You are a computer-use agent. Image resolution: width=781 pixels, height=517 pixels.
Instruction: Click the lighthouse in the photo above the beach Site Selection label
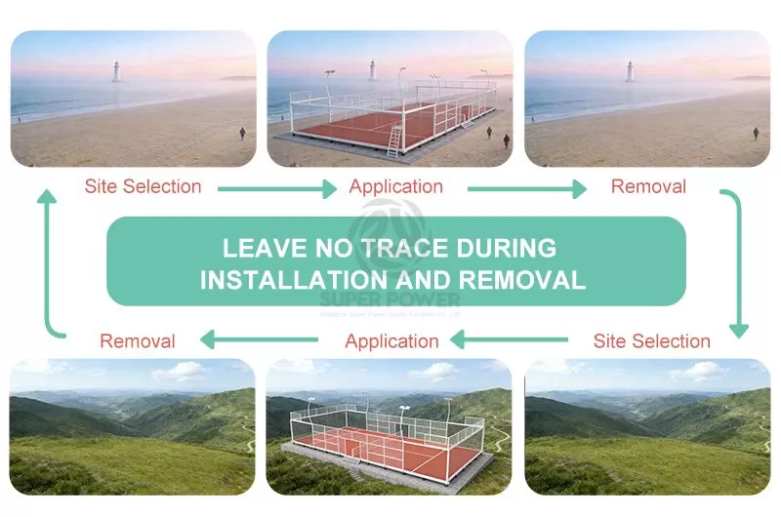(x=115, y=70)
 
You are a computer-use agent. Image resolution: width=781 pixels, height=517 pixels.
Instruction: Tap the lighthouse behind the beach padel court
(x=372, y=68)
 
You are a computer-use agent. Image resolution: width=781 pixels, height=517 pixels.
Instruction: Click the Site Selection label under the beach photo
(x=143, y=186)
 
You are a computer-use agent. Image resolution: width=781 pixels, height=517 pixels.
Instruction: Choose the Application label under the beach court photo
(x=395, y=186)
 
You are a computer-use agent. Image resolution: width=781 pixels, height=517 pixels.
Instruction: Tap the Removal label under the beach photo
(x=648, y=186)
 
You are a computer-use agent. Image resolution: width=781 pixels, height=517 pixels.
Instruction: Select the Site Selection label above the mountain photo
(x=651, y=341)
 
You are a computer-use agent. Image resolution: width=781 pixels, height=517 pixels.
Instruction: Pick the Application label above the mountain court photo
(x=391, y=341)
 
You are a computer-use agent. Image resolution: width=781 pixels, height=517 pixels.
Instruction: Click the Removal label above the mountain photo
(x=138, y=341)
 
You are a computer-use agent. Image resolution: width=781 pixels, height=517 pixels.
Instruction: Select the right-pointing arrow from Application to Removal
(x=526, y=188)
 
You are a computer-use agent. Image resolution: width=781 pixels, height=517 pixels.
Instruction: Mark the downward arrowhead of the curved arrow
(x=739, y=329)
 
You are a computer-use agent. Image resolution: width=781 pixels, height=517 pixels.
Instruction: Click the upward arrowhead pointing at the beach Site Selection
(x=47, y=199)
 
